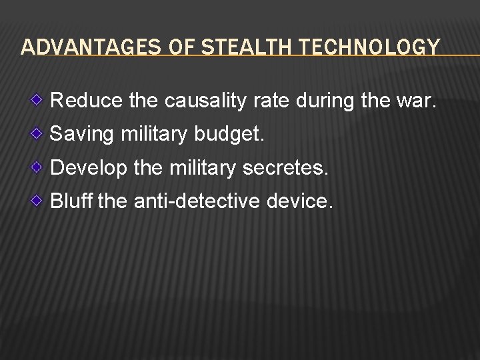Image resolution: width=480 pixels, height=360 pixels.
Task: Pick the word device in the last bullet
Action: coord(299,200)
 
